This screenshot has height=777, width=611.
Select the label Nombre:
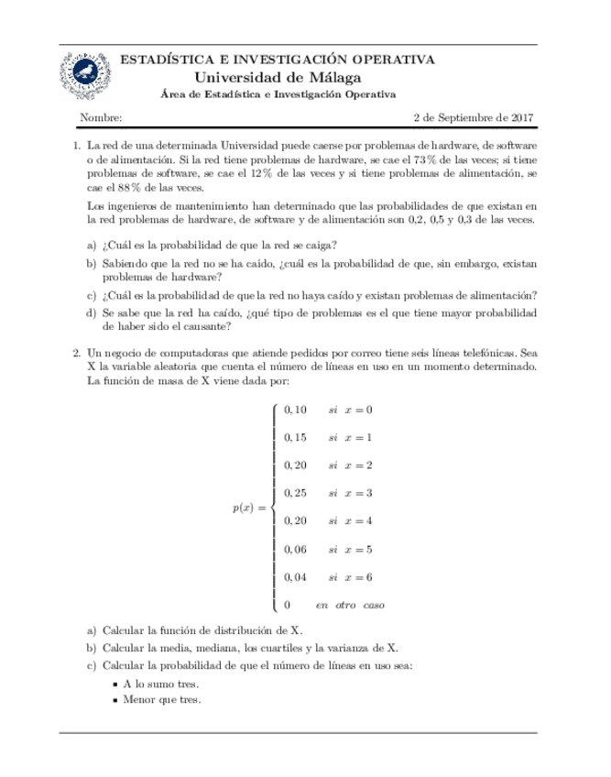pyautogui.click(x=102, y=118)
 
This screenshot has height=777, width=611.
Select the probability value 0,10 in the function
pyautogui.click(x=297, y=410)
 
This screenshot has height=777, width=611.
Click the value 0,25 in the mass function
pyautogui.click(x=297, y=493)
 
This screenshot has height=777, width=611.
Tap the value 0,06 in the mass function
pyautogui.click(x=297, y=549)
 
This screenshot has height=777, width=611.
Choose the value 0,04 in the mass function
pyautogui.click(x=297, y=577)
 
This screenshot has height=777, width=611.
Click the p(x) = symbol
pyautogui.click(x=250, y=508)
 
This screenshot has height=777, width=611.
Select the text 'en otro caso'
pyautogui.click(x=350, y=606)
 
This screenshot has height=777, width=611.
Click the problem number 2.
pyautogui.click(x=75, y=352)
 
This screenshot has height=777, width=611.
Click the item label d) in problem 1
pyautogui.click(x=91, y=313)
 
